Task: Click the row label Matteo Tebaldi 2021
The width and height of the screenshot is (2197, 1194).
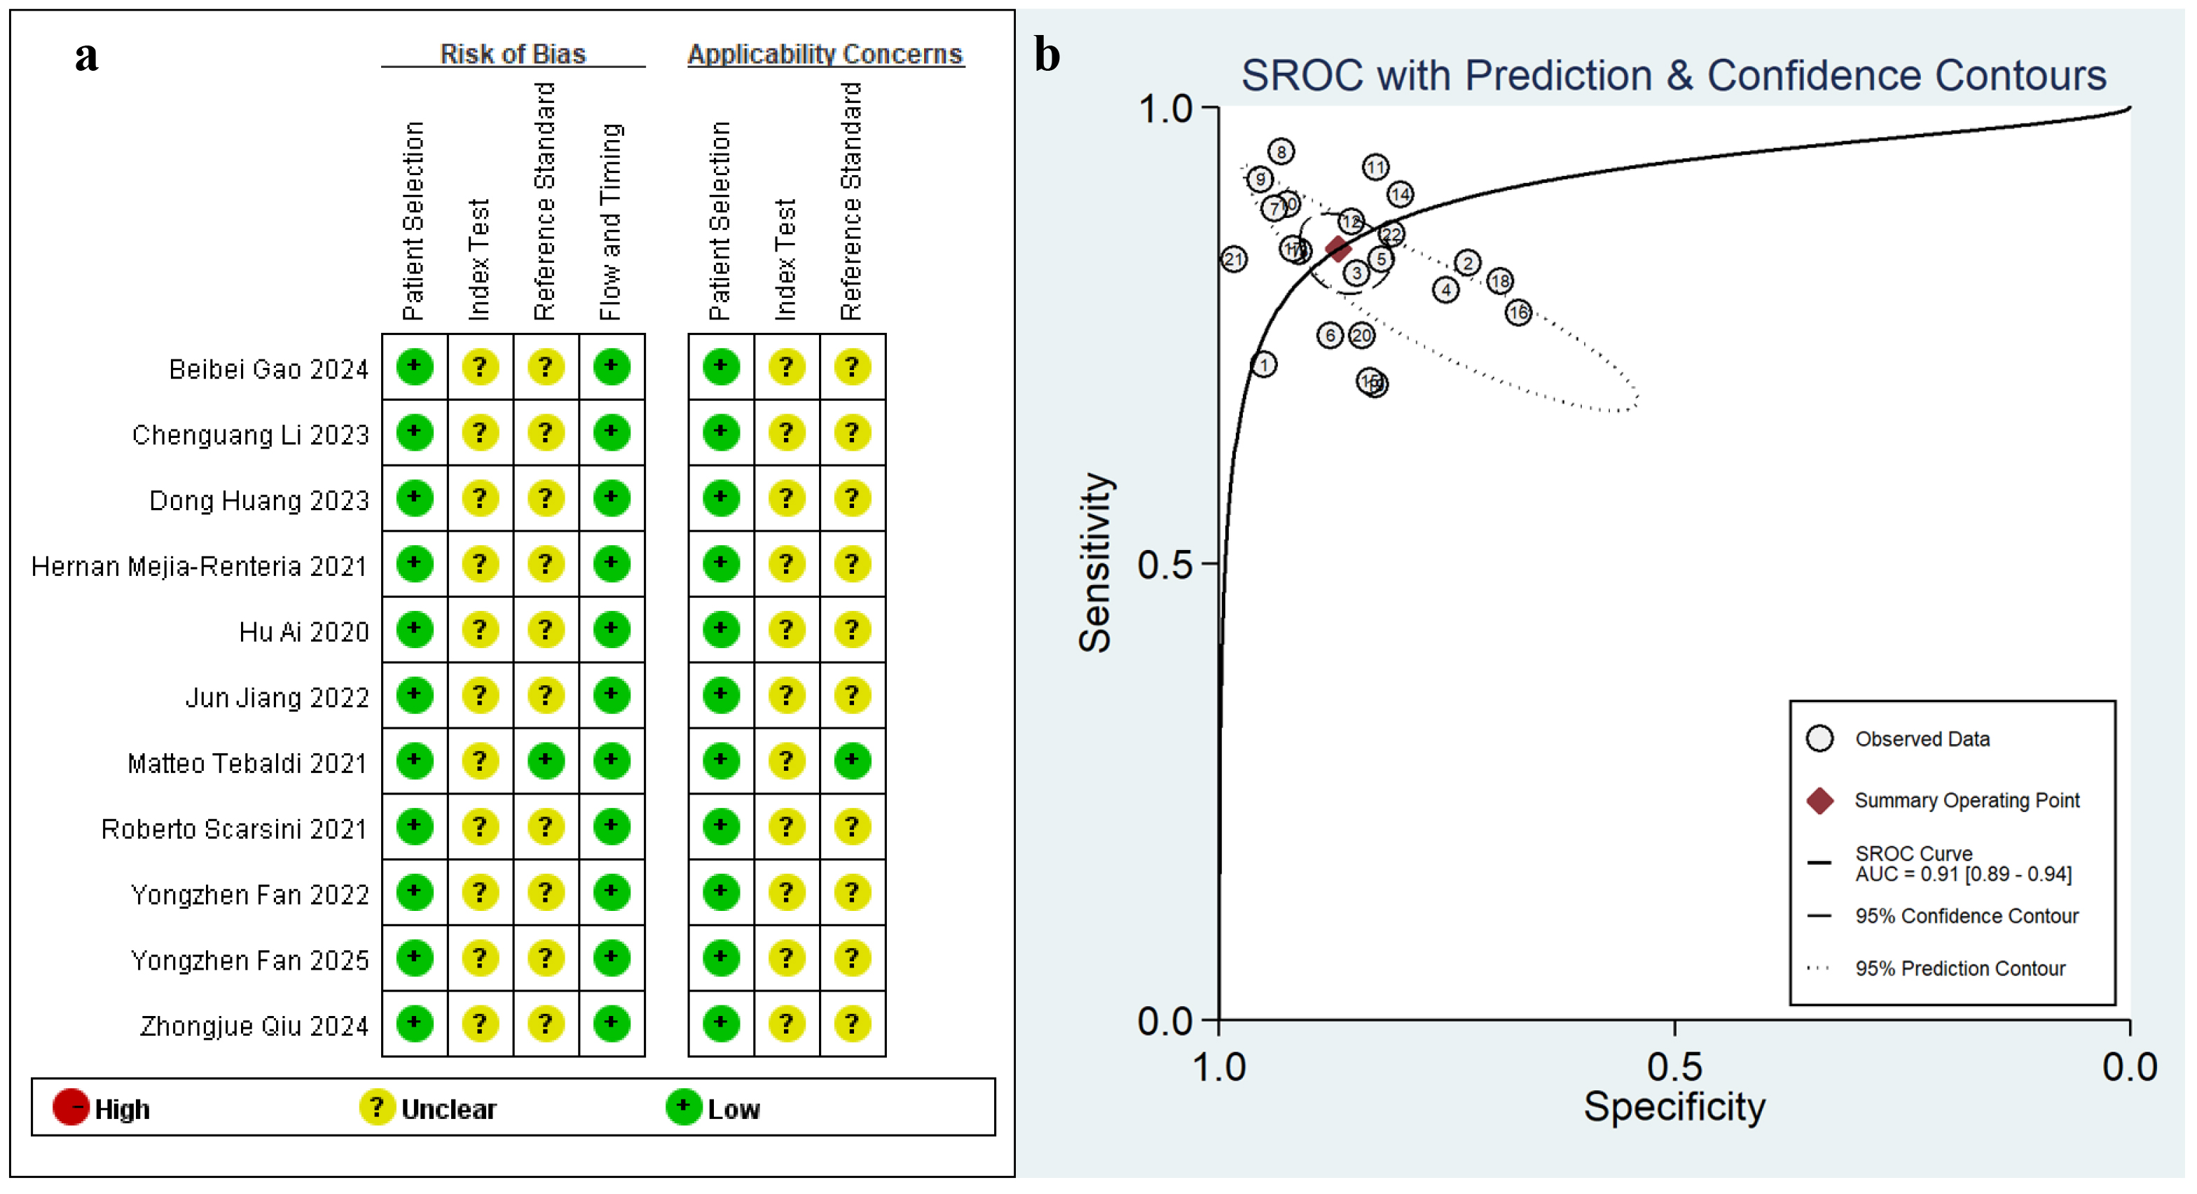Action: click(247, 762)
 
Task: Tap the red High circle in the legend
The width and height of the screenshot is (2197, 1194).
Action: click(70, 1107)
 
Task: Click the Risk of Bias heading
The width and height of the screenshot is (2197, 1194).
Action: click(513, 54)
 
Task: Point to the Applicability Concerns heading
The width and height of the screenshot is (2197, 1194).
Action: click(825, 54)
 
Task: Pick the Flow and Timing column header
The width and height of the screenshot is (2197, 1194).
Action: click(611, 221)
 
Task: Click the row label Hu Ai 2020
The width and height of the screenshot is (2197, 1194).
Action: click(303, 631)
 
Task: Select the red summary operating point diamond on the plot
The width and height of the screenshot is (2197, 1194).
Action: click(1338, 249)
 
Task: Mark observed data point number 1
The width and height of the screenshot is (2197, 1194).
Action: click(1264, 365)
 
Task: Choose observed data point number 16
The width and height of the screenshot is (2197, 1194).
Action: click(1518, 313)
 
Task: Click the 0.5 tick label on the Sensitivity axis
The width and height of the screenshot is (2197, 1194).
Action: click(1164, 565)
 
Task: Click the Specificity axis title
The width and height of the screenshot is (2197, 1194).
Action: click(1674, 1107)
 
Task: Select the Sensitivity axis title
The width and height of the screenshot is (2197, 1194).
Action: click(1096, 563)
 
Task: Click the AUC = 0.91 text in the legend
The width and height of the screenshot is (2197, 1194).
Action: click(1962, 874)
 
